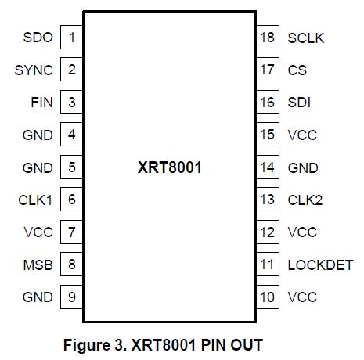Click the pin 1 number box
coord(71,38)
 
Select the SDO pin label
coord(38,38)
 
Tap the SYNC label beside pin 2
coord(34,70)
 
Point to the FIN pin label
coord(41,103)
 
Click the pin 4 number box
coord(71,135)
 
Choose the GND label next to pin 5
coord(38,167)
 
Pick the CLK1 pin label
coord(35,200)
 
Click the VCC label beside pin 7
coord(38,232)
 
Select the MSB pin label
coord(38,265)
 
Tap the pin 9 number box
coord(71,297)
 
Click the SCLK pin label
coord(305,38)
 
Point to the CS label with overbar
coord(297,70)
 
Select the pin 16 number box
coord(268,103)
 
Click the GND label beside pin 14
coord(303,167)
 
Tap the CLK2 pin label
coord(305,200)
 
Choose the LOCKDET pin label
coord(320,265)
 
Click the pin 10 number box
coord(268,297)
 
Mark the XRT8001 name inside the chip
coord(169,167)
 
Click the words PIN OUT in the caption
coord(232,345)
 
